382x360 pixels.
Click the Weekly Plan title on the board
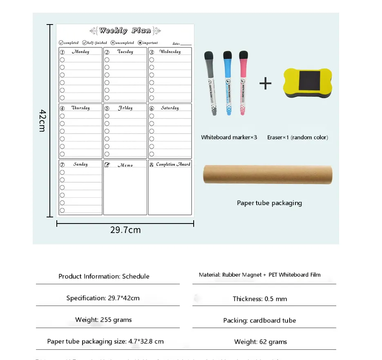tap(125, 31)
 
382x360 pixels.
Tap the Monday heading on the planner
tap(80, 52)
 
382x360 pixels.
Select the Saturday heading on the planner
tap(170, 108)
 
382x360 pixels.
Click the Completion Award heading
tap(173, 165)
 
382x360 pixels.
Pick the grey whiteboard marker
tap(211, 83)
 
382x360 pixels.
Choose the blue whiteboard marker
tap(227, 83)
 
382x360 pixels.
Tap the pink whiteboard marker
tap(244, 83)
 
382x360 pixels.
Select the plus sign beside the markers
tap(265, 84)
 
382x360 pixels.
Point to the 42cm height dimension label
tap(42, 121)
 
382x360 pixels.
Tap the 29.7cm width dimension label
tap(125, 230)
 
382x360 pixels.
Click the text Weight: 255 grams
tap(103, 320)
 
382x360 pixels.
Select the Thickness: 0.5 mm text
tap(260, 299)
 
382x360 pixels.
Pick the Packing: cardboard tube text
tap(259, 320)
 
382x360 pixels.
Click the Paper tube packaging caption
tap(269, 203)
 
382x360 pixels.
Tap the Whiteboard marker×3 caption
tap(229, 137)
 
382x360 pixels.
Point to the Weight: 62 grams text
tap(261, 342)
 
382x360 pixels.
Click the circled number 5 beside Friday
tap(107, 109)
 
